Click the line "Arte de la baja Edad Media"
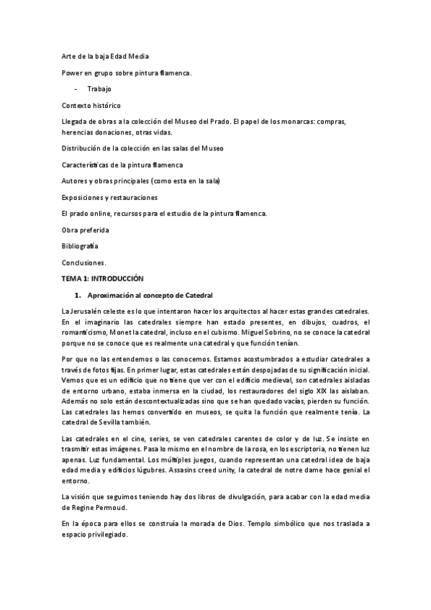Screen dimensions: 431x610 (x=106, y=55)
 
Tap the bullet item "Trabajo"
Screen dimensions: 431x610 (x=99, y=88)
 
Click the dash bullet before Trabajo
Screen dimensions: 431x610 (x=76, y=88)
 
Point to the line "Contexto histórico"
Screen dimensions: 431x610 (x=91, y=105)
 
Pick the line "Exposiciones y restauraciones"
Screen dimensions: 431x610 (x=109, y=197)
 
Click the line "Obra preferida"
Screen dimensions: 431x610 (x=86, y=230)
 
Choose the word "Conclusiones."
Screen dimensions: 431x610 (x=83, y=263)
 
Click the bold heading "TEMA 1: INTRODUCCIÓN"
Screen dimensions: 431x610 (x=103, y=278)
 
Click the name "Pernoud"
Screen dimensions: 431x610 (x=112, y=508)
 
